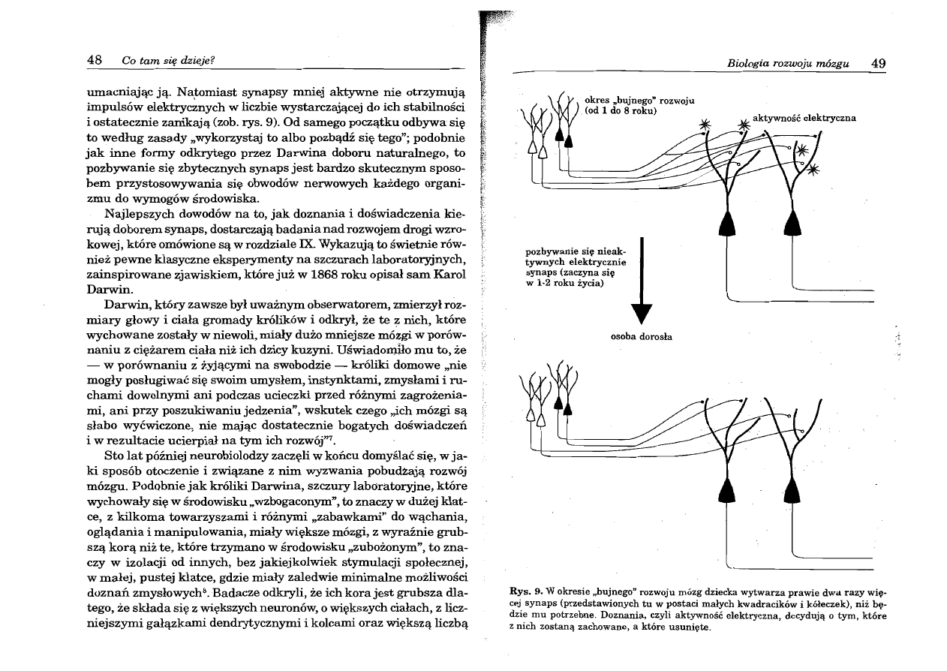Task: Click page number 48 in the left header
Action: tap(96, 61)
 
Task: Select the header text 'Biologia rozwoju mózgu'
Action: tap(788, 64)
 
